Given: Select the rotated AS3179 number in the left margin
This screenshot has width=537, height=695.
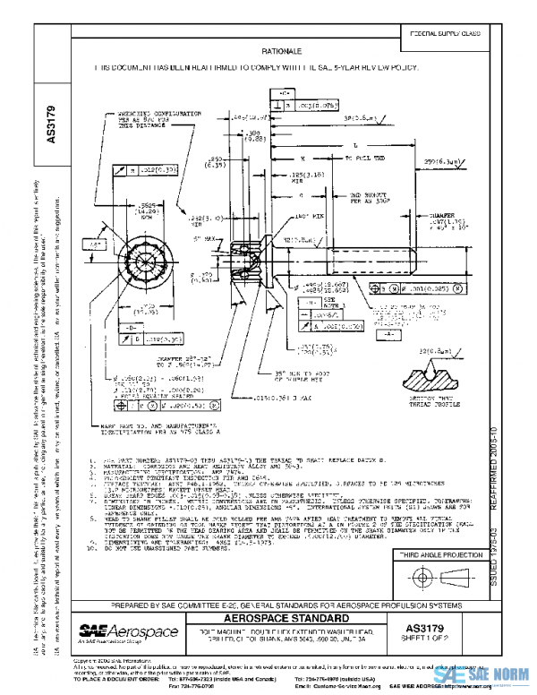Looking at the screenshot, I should point(52,124).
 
